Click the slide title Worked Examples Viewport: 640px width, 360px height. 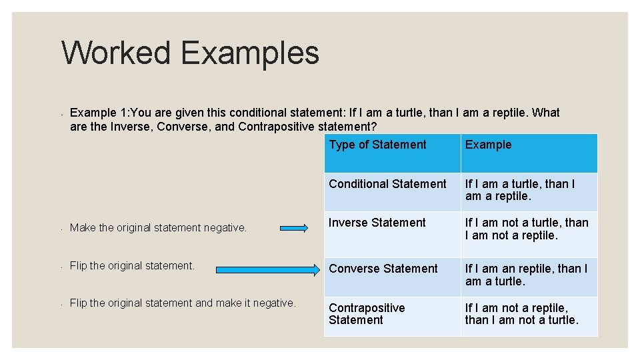190,53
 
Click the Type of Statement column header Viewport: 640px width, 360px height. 377,145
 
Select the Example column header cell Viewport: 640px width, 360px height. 488,145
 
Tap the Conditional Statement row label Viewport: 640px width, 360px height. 387,184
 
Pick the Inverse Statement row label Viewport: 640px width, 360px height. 377,223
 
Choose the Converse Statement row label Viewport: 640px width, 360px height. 383,269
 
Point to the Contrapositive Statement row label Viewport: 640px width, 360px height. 367,314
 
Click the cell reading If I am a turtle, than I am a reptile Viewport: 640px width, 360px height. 520,190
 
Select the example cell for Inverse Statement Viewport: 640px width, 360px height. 527,229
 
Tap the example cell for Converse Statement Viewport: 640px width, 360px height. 526,275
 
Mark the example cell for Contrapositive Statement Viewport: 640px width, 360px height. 521,314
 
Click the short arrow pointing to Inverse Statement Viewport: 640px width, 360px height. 294,228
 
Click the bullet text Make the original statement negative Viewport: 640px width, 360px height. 158,228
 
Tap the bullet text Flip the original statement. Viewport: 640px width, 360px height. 132,266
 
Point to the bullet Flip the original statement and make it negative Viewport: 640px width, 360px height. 182,303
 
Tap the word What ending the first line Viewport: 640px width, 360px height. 546,113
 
